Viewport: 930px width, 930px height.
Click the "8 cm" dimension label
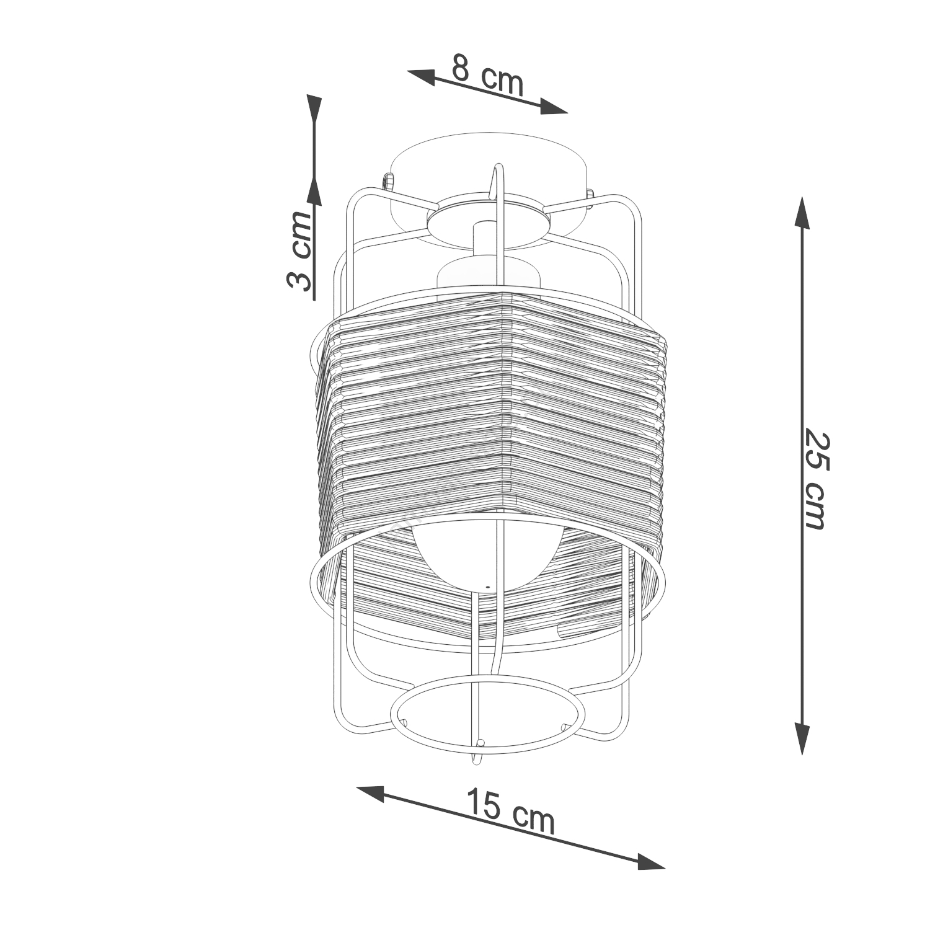487,75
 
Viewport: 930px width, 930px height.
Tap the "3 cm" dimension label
299,251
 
